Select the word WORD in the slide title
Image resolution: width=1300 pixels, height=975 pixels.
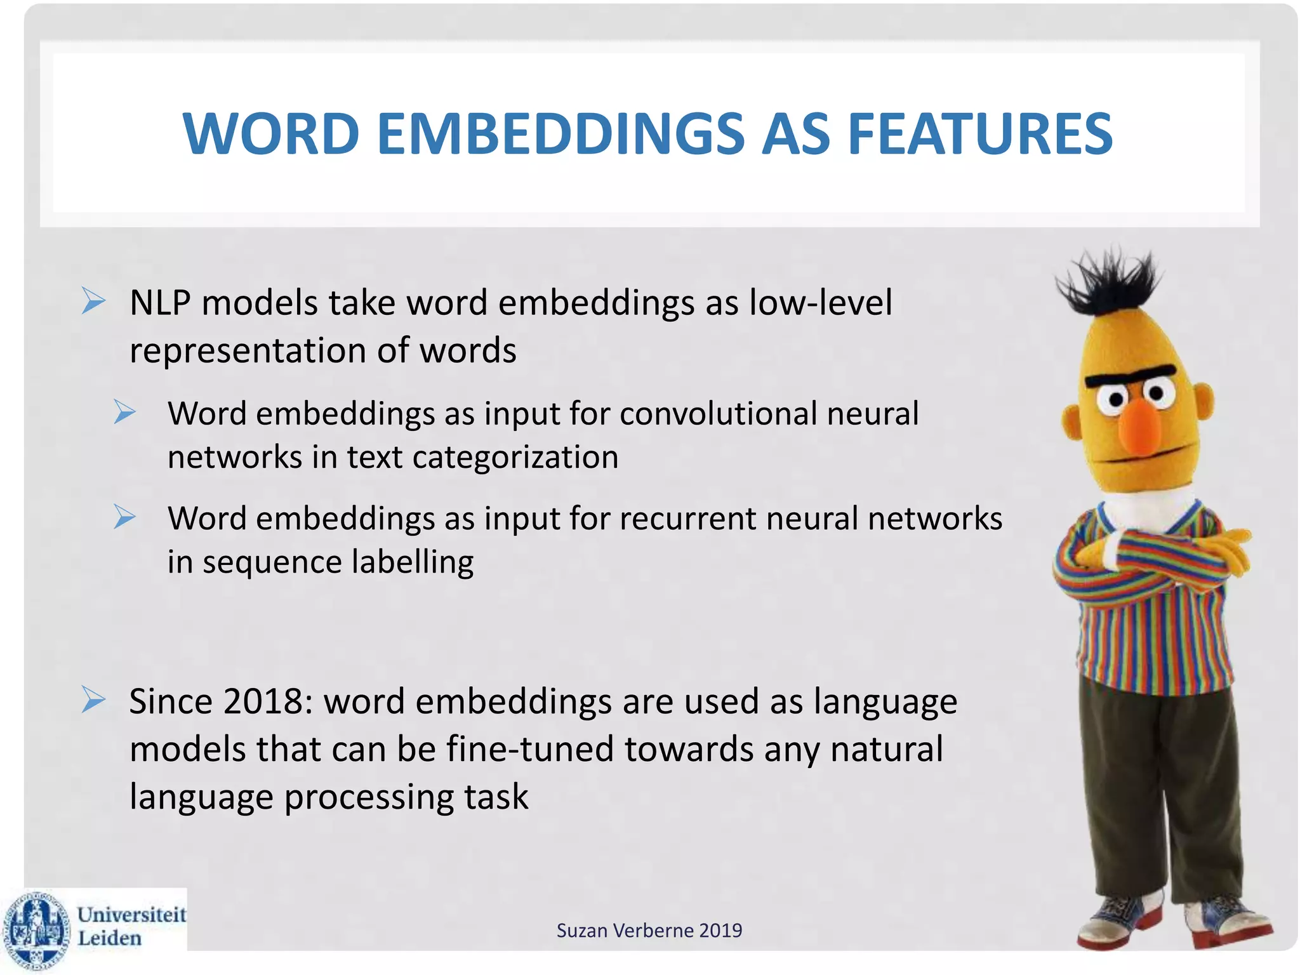[271, 134]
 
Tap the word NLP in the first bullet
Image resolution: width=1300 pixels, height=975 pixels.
[160, 303]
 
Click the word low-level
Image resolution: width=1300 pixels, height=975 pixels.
[820, 303]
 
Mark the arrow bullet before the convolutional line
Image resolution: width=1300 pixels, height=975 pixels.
[125, 413]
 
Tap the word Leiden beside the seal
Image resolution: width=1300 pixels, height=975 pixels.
[109, 938]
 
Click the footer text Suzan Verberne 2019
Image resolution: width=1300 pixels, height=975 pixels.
[649, 931]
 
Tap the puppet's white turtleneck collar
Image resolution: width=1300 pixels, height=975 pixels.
[1139, 508]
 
